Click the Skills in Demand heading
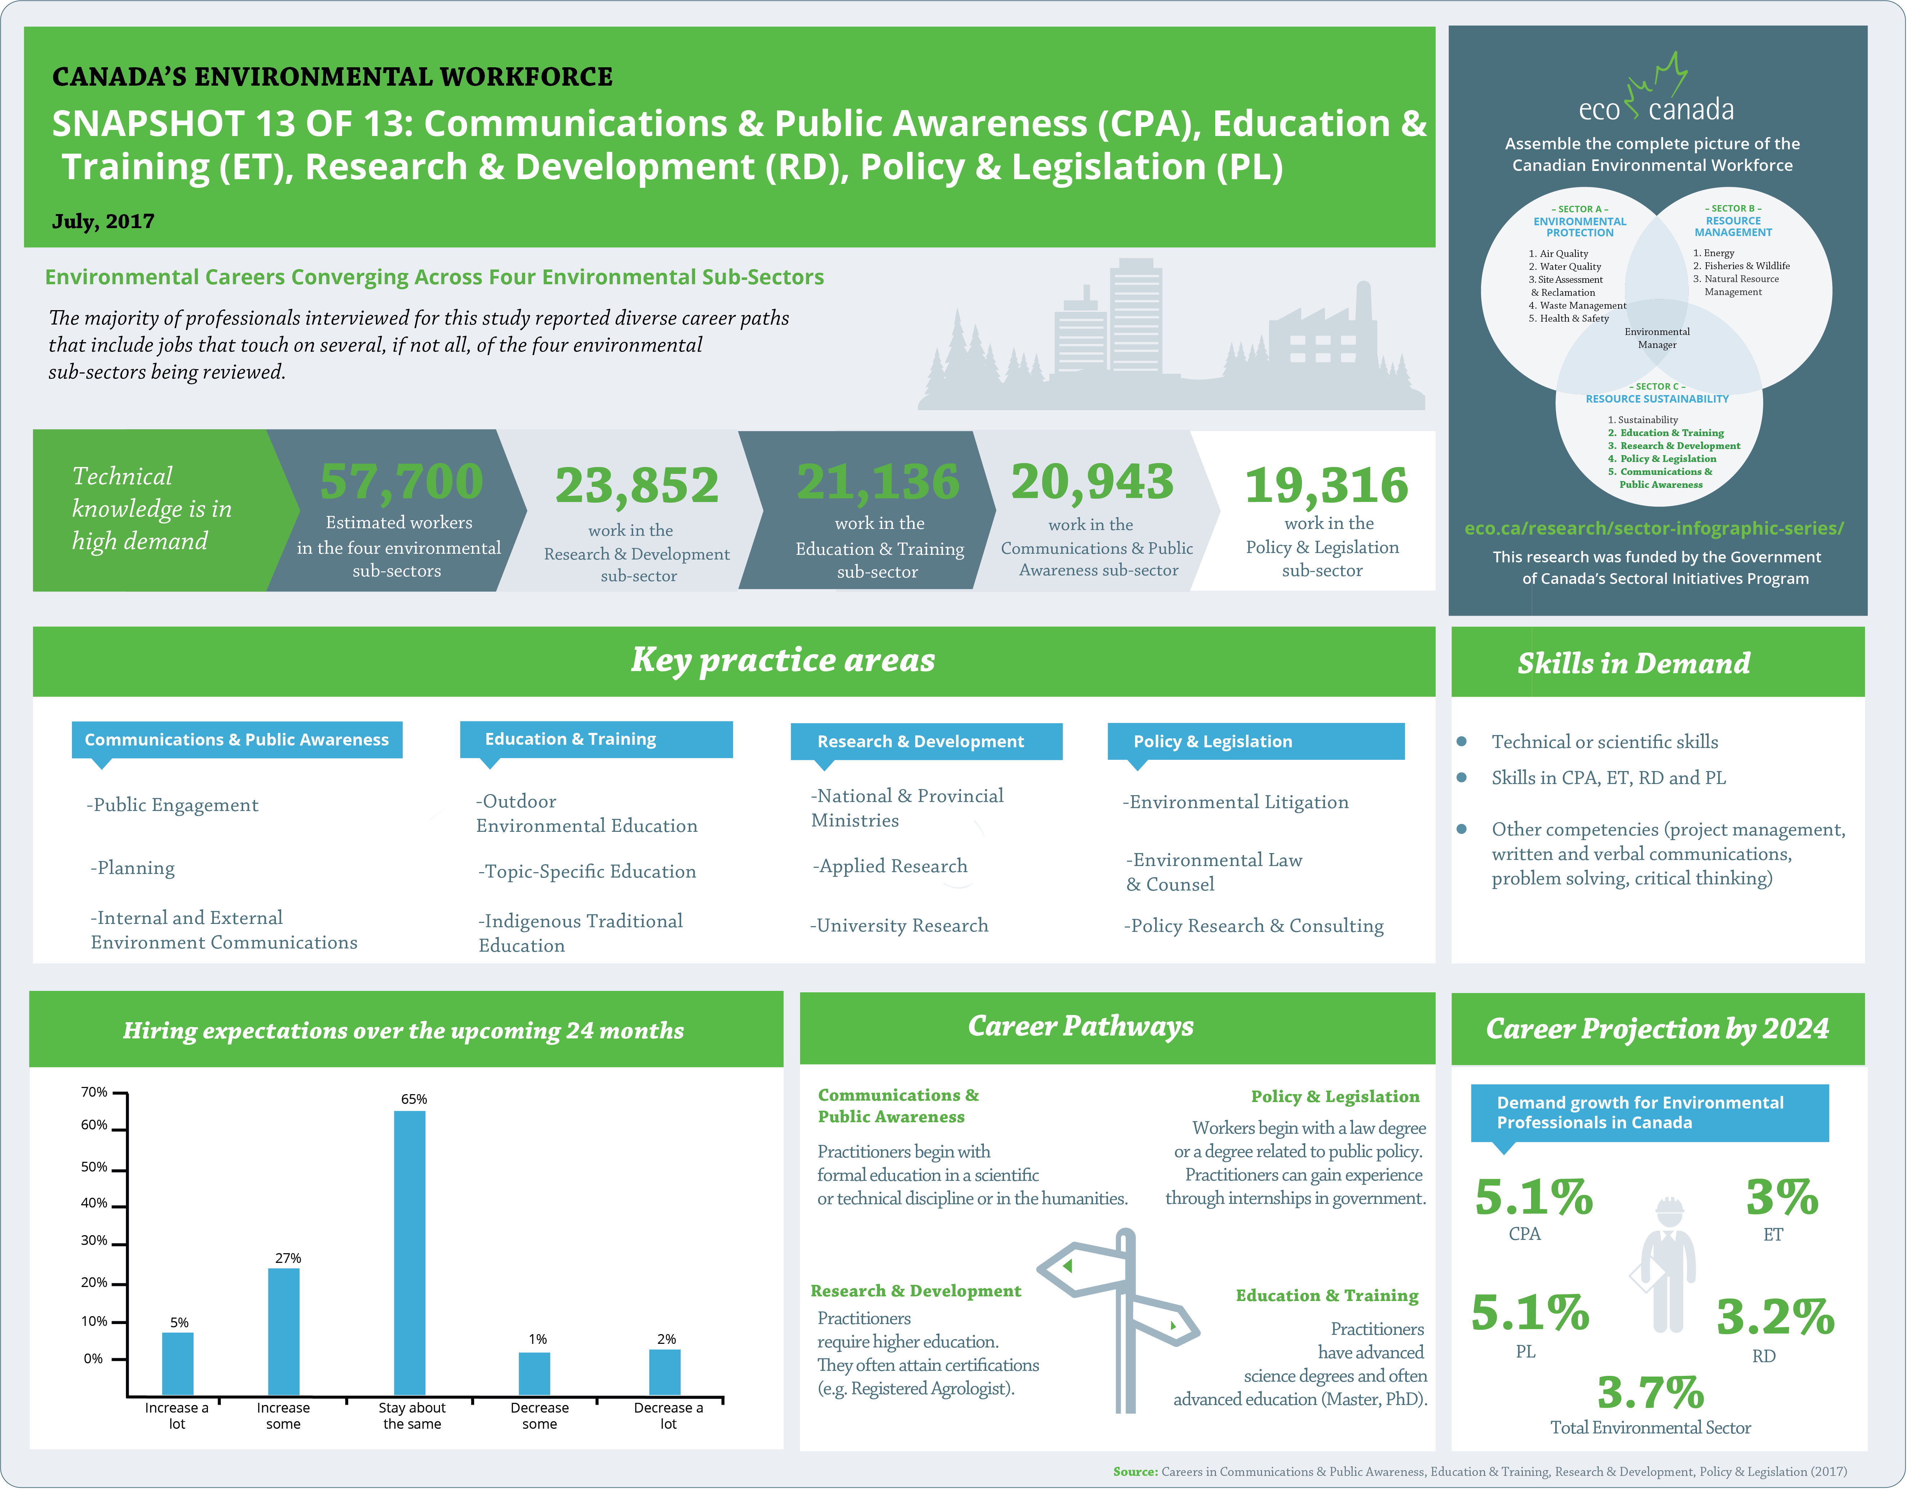point(1633,663)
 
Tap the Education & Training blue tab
point(596,739)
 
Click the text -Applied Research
point(890,866)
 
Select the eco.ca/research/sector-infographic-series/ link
point(1654,529)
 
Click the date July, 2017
point(103,221)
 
